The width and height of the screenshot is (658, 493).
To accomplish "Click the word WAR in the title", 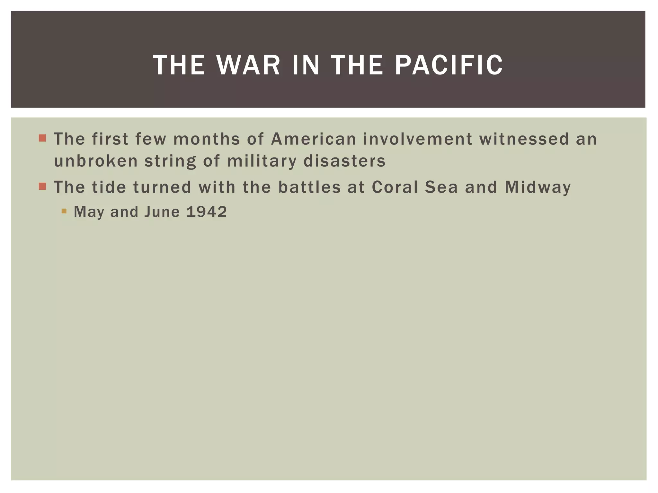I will [x=248, y=65].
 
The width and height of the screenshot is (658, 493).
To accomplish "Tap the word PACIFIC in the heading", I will [x=449, y=65].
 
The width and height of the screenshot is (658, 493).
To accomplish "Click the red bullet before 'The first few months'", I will [x=42, y=138].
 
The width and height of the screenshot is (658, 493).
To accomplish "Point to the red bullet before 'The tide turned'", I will [x=42, y=186].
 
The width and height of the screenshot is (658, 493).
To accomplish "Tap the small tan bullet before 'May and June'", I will [x=64, y=211].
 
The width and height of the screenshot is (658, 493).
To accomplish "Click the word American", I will [x=314, y=139].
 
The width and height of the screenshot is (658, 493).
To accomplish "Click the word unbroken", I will [x=96, y=161].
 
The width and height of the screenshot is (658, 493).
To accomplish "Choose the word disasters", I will [x=344, y=161].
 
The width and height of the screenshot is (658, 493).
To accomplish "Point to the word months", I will [x=207, y=139].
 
